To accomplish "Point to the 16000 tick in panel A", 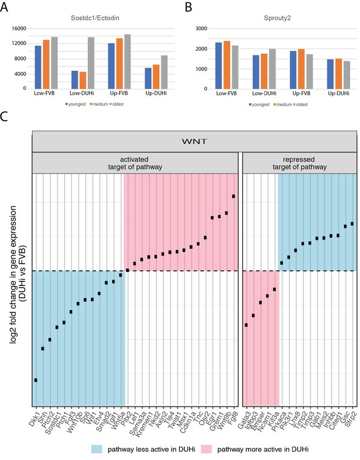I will [x=19, y=28].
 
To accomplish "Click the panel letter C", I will [x=5, y=116].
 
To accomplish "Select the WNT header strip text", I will [x=194, y=141].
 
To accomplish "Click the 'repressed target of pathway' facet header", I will [x=299, y=163].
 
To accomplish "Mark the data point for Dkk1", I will [x=36, y=380].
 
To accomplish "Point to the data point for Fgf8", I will [x=233, y=196].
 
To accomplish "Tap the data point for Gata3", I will [x=246, y=325].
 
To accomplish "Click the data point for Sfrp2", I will [x=352, y=224].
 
